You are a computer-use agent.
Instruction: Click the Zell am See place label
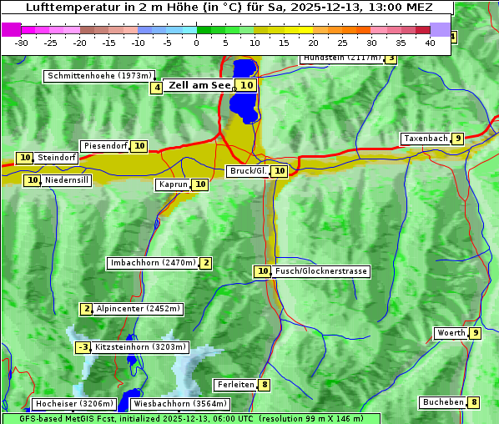[200, 85]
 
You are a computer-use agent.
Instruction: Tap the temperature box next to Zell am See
[246, 85]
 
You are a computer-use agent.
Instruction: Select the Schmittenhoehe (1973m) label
[99, 76]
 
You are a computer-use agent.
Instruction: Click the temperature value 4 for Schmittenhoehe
[157, 88]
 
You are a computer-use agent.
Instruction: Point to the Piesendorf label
[105, 146]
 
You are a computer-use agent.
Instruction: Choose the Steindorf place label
[57, 158]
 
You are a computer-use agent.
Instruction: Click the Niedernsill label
[67, 179]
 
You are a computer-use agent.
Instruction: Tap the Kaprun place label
[173, 184]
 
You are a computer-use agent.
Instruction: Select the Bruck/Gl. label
[248, 171]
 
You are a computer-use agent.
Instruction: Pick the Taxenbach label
[426, 139]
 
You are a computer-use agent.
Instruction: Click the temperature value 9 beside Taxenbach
[458, 139]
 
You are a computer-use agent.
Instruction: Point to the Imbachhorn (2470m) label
[154, 264]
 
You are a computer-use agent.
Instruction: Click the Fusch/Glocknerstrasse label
[321, 271]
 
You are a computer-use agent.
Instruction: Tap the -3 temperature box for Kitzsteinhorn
[83, 347]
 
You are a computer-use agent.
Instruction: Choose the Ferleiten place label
[235, 385]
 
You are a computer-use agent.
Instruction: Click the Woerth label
[451, 333]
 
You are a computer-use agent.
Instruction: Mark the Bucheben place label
[443, 402]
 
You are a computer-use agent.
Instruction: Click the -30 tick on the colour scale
[22, 43]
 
